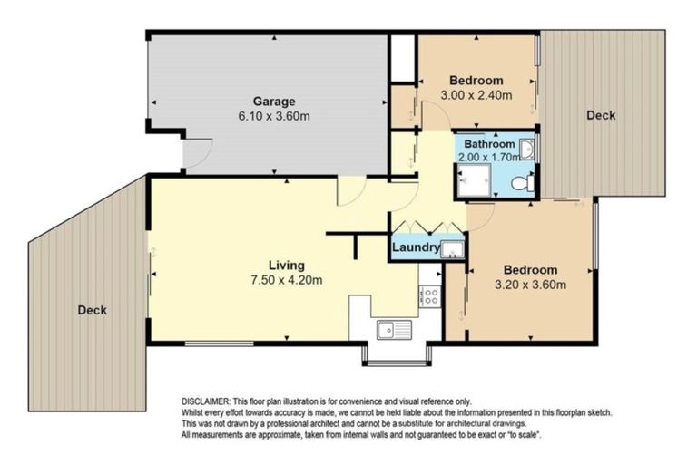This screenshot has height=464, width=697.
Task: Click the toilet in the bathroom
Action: click(521, 183)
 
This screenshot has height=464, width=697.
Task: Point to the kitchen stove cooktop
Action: click(428, 295)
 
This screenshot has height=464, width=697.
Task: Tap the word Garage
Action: click(273, 101)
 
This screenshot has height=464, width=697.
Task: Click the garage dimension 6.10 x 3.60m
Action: click(273, 116)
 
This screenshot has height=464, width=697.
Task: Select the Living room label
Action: click(286, 265)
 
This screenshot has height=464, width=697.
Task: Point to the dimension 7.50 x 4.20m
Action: click(288, 280)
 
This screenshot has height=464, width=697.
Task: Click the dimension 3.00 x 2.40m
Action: click(476, 94)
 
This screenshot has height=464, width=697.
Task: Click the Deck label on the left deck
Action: click(92, 310)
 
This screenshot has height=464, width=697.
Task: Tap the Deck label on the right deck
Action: click(600, 115)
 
